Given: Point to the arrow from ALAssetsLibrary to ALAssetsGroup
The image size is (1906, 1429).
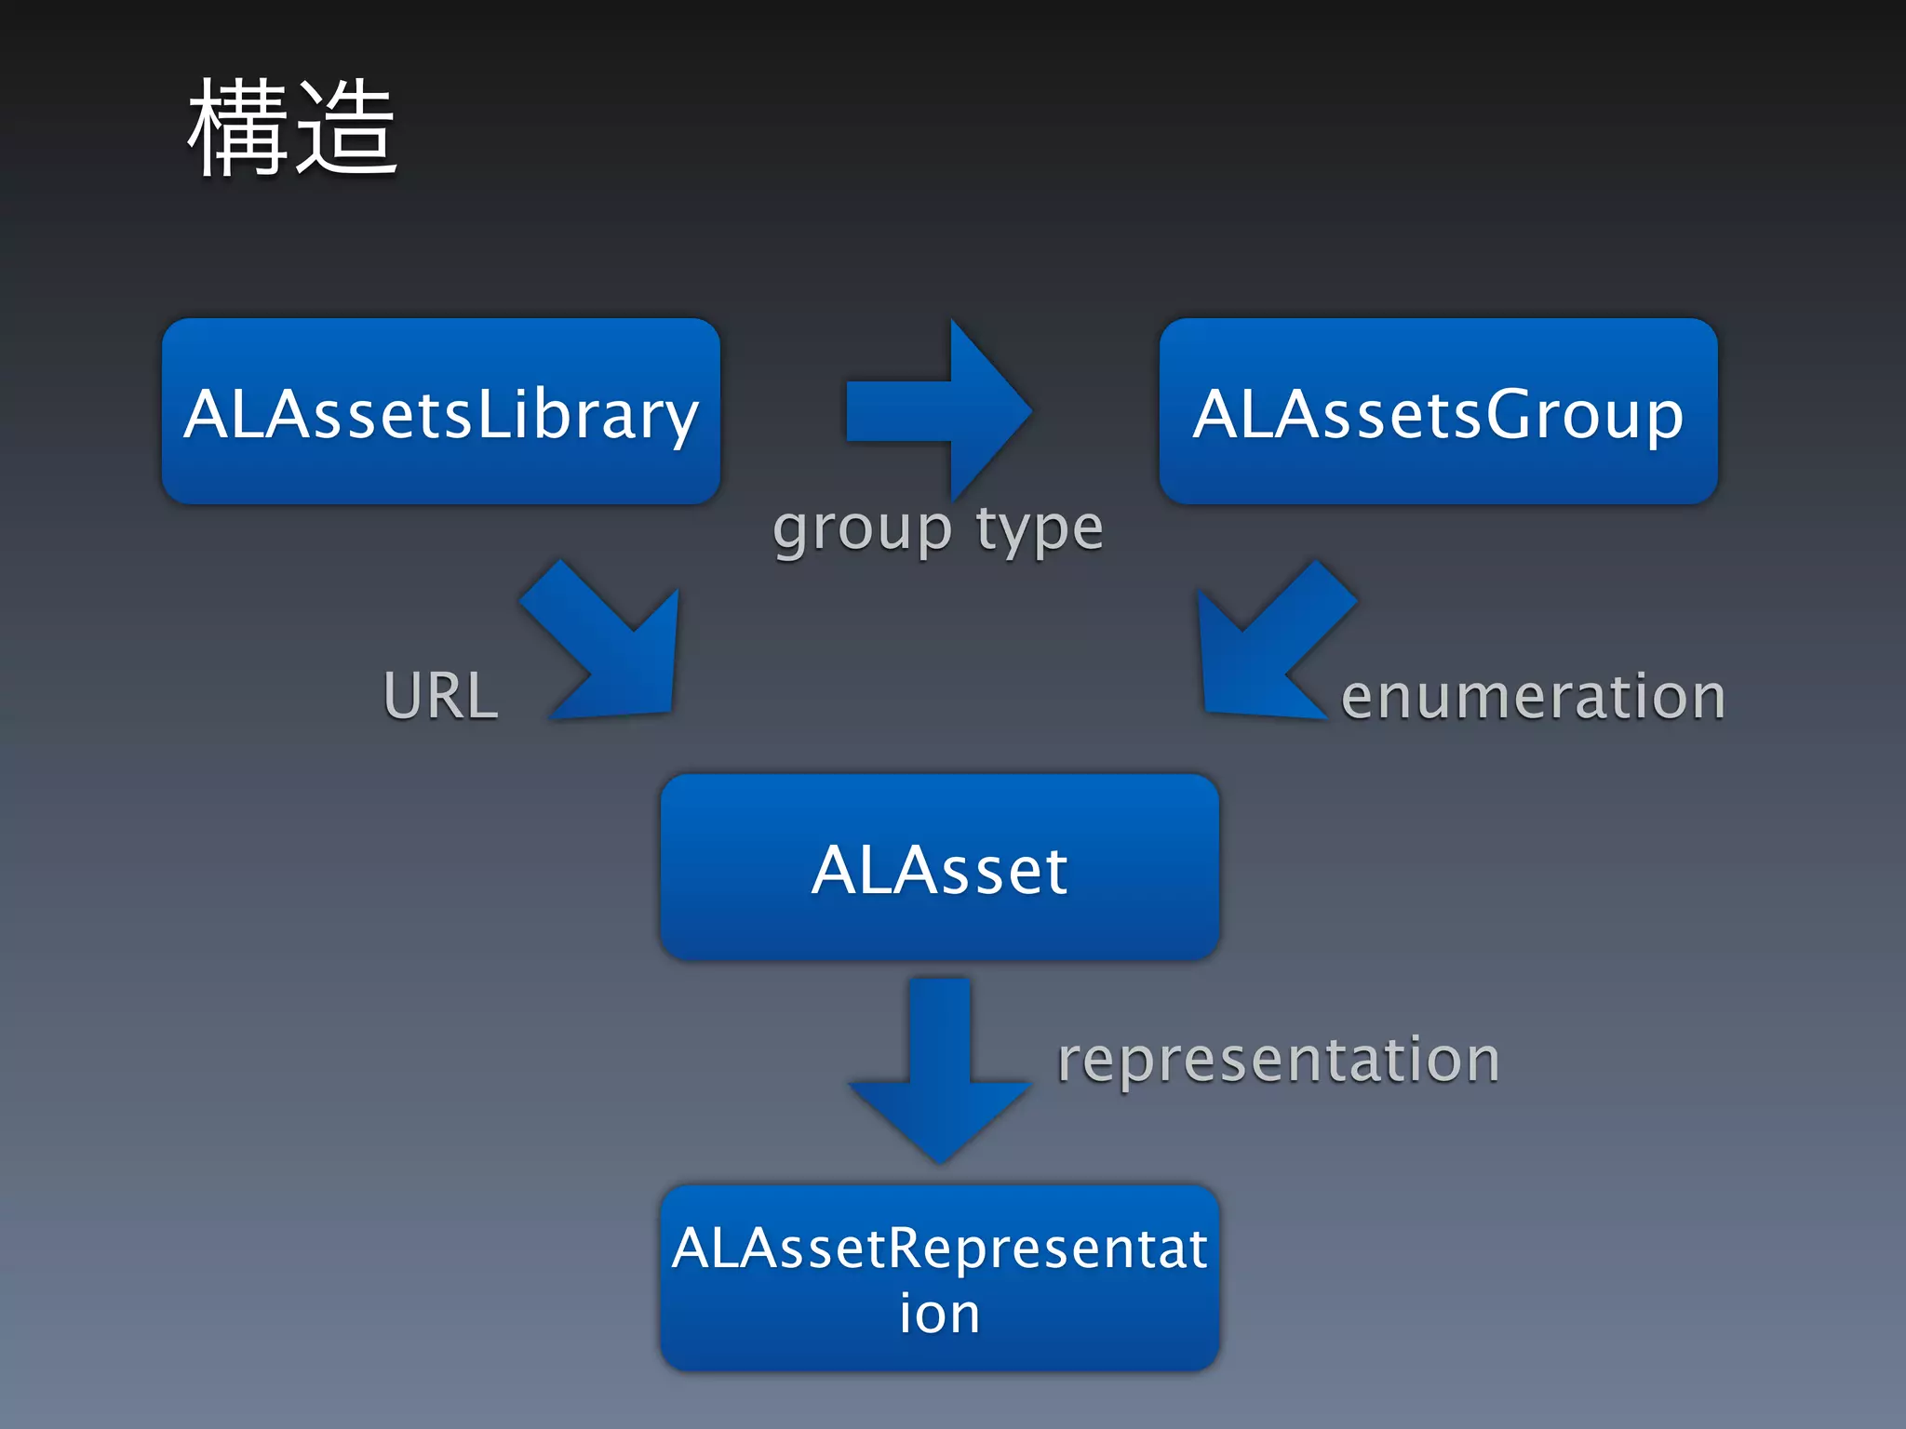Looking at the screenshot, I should click(x=931, y=410).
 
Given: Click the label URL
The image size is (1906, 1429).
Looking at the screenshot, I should click(x=441, y=696).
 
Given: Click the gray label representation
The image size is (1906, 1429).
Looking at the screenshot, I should click(x=1278, y=1061).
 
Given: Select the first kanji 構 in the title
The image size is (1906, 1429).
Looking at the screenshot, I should click(x=238, y=127).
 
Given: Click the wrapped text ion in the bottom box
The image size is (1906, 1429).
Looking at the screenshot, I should click(x=939, y=1314).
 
